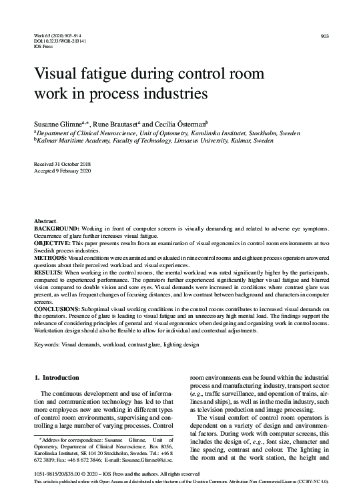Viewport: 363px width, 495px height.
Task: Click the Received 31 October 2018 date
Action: tap(61, 163)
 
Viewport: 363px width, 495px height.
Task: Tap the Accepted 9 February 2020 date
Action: tap(61, 170)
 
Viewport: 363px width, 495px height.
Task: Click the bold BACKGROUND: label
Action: tap(58, 228)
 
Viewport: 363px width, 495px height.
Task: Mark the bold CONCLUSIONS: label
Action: tap(57, 310)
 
